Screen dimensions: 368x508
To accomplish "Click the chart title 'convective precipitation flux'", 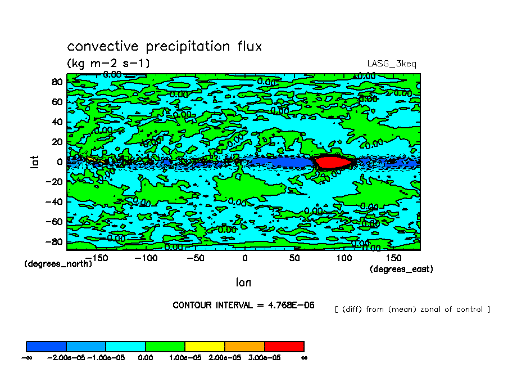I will tap(164, 46).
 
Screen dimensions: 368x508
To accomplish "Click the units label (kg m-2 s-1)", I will tap(108, 62).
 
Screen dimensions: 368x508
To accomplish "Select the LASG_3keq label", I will tap(392, 64).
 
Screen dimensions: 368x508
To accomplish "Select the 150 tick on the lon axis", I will tap(394, 258).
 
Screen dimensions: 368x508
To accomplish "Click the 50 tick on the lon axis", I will tap(294, 258).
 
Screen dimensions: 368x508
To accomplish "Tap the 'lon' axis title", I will tap(243, 282).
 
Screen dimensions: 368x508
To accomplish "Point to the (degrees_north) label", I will tap(58, 263).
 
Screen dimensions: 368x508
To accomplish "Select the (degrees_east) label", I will tap(401, 269).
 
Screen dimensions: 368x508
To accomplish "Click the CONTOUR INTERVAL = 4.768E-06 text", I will tap(243, 305).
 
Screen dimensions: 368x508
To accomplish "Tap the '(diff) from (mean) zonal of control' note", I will tap(412, 309).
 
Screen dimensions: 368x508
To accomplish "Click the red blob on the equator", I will tap(333, 162).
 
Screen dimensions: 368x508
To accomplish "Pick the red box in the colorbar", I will tap(284, 346).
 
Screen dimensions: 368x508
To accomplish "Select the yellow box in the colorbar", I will tap(205, 346).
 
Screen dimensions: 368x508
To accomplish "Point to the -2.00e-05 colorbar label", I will tap(65, 357).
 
